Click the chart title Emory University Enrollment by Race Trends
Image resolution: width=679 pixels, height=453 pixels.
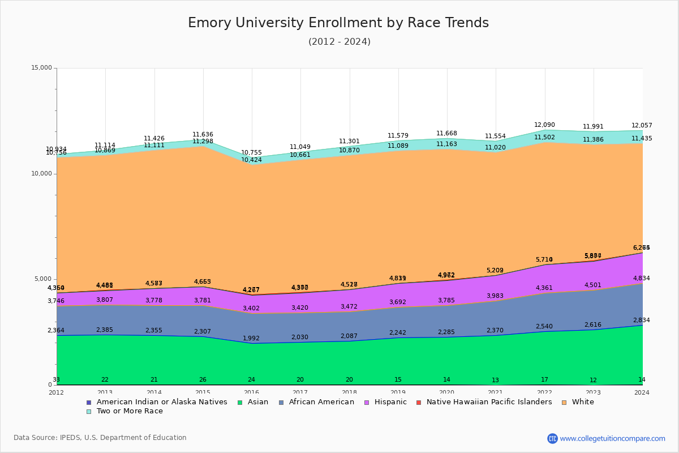[x=338, y=23]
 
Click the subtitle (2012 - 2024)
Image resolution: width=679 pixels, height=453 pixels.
[x=339, y=42]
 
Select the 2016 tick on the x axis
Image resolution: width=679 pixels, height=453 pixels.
[x=251, y=392]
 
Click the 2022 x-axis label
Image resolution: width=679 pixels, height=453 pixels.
[x=544, y=392]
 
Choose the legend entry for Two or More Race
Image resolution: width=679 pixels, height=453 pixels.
[x=130, y=411]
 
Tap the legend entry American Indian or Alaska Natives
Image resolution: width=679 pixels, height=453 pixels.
[x=161, y=402]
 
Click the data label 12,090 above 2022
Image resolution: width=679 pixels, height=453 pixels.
[x=544, y=125]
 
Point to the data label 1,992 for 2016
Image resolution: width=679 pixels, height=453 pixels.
[x=251, y=339]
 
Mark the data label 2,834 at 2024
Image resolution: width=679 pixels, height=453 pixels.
[x=641, y=320]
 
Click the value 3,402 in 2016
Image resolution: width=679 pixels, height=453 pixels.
[x=251, y=309]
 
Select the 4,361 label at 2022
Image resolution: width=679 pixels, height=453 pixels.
[x=544, y=288]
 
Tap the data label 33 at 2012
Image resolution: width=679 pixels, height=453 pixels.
[x=56, y=380]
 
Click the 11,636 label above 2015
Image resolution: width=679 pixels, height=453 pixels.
[x=203, y=135]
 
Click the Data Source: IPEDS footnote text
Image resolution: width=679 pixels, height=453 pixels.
[x=100, y=438]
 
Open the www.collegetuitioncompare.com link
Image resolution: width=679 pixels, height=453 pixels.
[x=612, y=438]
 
